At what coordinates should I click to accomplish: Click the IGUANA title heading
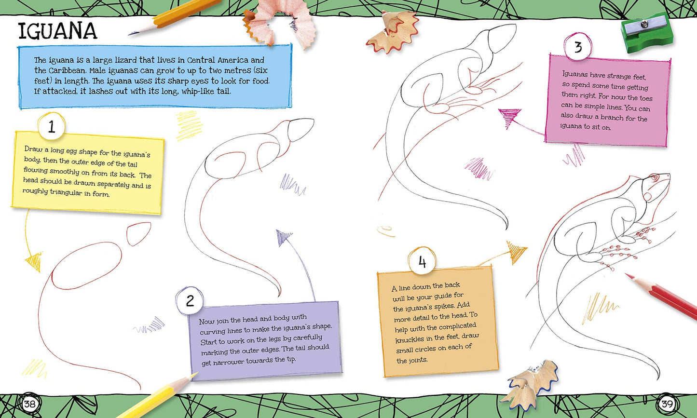(x=58, y=31)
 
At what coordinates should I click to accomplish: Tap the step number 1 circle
(x=52, y=127)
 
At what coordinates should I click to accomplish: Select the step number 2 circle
(x=190, y=301)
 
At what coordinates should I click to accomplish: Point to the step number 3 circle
(x=578, y=47)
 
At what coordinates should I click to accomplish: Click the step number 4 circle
(x=422, y=262)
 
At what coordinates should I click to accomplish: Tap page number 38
(x=30, y=404)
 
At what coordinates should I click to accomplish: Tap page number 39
(x=667, y=404)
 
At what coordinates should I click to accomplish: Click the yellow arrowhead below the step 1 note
(x=34, y=261)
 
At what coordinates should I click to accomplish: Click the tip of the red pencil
(x=626, y=274)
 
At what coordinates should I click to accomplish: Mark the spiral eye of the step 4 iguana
(x=654, y=177)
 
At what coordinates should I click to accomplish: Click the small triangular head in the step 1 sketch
(x=138, y=233)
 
